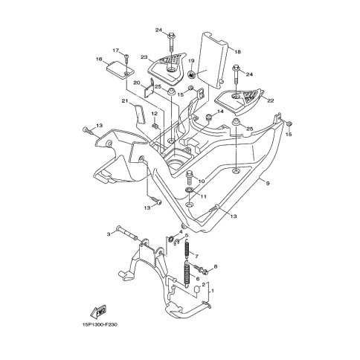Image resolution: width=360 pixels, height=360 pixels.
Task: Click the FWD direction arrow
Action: tap(99, 312)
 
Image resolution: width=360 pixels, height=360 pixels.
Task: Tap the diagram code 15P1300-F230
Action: tap(98, 324)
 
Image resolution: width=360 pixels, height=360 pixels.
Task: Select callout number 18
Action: tap(237, 52)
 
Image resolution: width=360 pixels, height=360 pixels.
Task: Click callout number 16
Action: tap(99, 59)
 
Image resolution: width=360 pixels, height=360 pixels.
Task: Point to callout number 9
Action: tap(268, 183)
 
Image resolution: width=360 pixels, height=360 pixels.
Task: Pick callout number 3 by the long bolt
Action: tap(109, 234)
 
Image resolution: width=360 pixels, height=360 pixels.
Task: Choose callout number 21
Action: tap(125, 100)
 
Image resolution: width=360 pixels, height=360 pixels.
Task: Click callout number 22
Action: tap(271, 100)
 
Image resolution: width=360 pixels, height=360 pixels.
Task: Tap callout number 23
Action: tap(144, 57)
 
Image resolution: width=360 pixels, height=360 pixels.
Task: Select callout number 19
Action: tap(191, 61)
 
